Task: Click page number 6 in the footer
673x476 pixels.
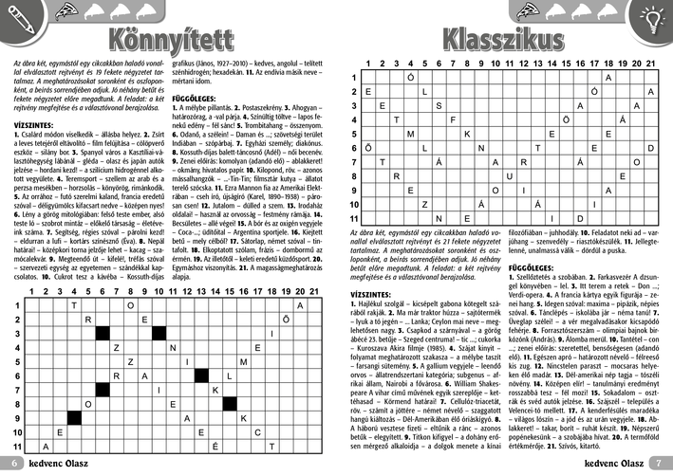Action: pos(14,463)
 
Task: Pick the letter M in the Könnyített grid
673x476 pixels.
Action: pos(244,361)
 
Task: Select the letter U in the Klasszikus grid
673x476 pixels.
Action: pos(509,175)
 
